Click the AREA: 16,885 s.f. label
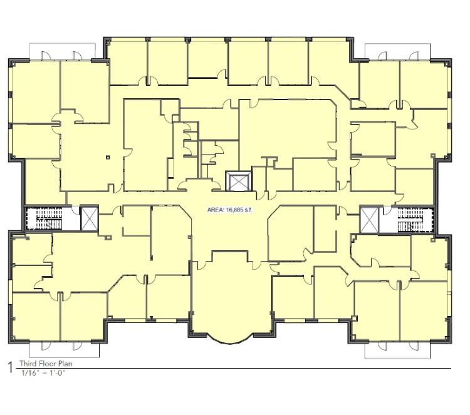click(230, 210)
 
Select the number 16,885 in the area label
click(235, 210)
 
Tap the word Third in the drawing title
click(28, 364)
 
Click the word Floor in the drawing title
click(46, 364)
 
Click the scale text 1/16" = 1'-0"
click(43, 373)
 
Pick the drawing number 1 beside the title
click(11, 367)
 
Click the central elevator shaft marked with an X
click(239, 182)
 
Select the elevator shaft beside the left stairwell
click(90, 218)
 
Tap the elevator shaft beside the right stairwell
click(369, 220)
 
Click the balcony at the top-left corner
click(62, 51)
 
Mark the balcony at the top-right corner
click(397, 52)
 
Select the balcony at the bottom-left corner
click(64, 350)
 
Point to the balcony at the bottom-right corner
click(397, 351)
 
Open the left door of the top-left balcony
click(45, 56)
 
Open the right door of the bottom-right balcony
click(415, 346)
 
